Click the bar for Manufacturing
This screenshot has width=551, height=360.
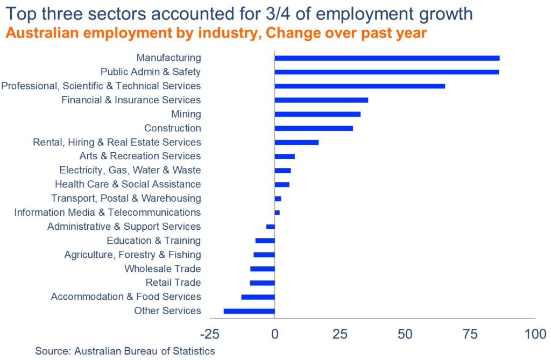(x=387, y=58)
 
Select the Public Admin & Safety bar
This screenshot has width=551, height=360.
(x=386, y=72)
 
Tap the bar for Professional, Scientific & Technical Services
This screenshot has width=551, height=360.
(x=359, y=86)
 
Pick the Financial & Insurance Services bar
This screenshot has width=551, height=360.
(x=321, y=100)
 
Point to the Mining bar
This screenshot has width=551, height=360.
(x=317, y=114)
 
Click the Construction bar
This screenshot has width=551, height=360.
(x=314, y=128)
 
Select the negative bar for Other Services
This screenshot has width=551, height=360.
(x=249, y=311)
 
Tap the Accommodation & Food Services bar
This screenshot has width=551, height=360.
(x=258, y=297)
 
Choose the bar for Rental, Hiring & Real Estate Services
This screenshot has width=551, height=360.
(x=296, y=143)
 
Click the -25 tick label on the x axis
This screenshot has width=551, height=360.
(x=210, y=334)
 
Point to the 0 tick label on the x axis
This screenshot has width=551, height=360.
(x=275, y=334)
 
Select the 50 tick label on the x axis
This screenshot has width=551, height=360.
(x=405, y=334)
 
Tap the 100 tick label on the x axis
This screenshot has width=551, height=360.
(x=535, y=334)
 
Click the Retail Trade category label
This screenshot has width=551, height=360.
(x=173, y=283)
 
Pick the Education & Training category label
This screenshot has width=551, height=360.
(x=153, y=241)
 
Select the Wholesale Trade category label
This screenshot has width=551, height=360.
(x=163, y=269)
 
